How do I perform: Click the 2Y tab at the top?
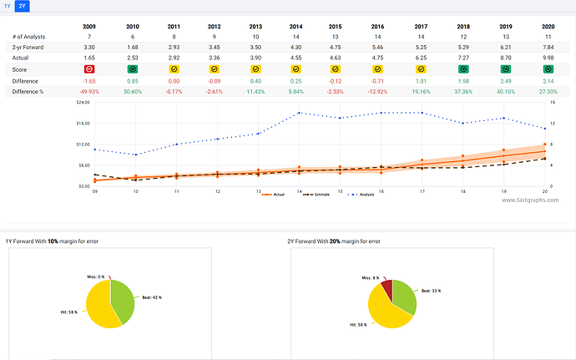point(23,6)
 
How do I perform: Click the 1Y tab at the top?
point(8,6)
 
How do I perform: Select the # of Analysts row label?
point(29,38)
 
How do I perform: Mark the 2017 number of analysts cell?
point(422,38)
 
